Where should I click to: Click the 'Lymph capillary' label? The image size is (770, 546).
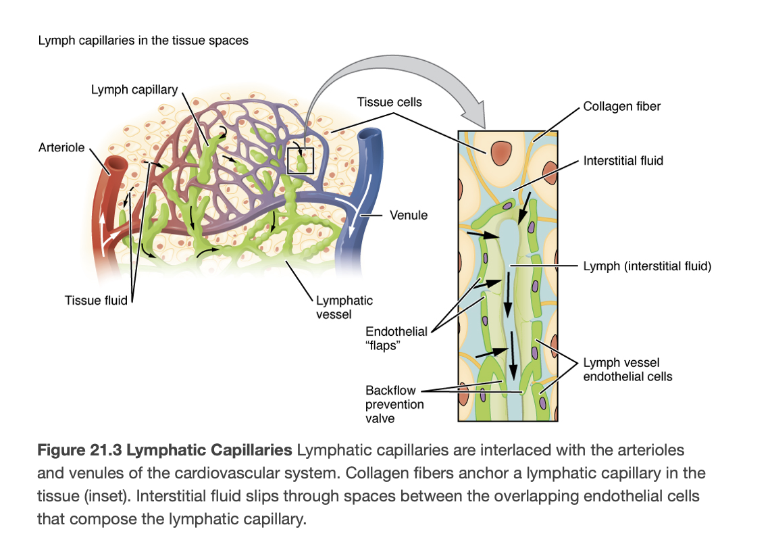pyautogui.click(x=134, y=90)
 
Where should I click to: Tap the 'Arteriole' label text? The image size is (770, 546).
pyautogui.click(x=61, y=147)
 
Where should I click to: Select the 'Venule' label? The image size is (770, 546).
pyautogui.click(x=408, y=215)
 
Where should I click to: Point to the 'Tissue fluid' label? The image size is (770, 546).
pyautogui.click(x=96, y=300)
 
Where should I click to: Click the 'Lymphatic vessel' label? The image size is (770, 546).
pyautogui.click(x=344, y=307)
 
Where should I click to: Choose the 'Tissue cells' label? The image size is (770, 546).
pyautogui.click(x=389, y=102)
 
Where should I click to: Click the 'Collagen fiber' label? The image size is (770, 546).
pyautogui.click(x=621, y=106)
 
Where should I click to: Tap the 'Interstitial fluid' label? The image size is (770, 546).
pyautogui.click(x=623, y=160)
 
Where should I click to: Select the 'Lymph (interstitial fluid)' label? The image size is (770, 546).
pyautogui.click(x=647, y=266)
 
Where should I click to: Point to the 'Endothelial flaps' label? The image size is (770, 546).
pyautogui.click(x=396, y=337)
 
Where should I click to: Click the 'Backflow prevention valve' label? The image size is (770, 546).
pyautogui.click(x=394, y=404)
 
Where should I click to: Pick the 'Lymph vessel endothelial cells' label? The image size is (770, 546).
pyautogui.click(x=627, y=370)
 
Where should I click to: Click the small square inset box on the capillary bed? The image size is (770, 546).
pyautogui.click(x=301, y=160)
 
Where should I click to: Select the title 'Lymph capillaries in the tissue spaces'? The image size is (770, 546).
pyautogui.click(x=143, y=41)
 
